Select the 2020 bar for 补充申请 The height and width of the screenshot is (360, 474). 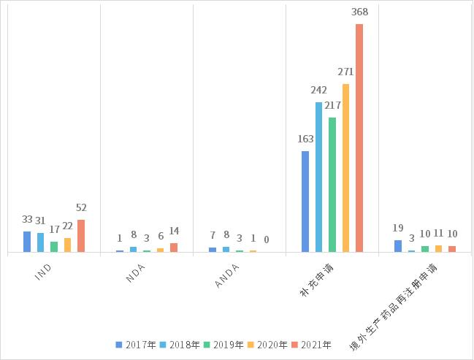(x=345, y=168)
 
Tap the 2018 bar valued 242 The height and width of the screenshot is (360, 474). (x=318, y=177)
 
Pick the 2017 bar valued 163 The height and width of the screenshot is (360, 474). (x=305, y=202)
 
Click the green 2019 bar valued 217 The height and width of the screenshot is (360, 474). (x=332, y=185)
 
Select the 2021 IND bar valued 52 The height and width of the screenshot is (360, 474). (x=81, y=236)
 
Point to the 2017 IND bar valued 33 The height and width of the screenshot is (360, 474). (x=27, y=242)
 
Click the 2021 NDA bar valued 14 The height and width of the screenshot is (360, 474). (x=174, y=248)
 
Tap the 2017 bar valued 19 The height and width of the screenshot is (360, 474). (x=398, y=246)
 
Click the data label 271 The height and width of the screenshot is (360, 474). (x=345, y=72)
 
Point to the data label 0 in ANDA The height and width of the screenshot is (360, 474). (x=267, y=240)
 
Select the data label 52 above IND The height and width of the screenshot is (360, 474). (x=81, y=208)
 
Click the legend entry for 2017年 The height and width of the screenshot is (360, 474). (x=137, y=345)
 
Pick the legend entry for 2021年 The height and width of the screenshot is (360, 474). (x=312, y=345)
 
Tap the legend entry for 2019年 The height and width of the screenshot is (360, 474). (x=224, y=345)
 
